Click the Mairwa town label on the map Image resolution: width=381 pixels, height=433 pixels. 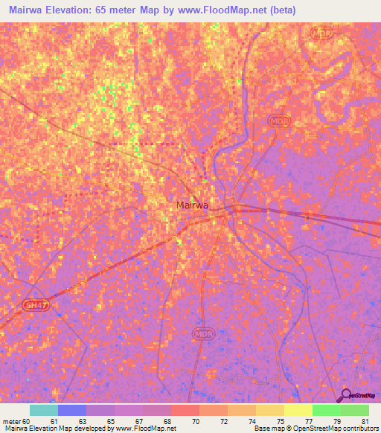tap(192, 205)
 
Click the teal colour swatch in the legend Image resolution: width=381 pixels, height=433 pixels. tap(44, 410)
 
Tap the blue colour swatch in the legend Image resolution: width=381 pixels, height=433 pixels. tap(72, 410)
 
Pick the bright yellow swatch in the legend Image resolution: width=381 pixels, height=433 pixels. tap(298, 410)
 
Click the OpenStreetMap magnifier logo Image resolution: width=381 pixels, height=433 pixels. tap(345, 396)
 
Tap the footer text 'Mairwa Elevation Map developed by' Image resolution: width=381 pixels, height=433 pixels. tap(58, 429)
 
